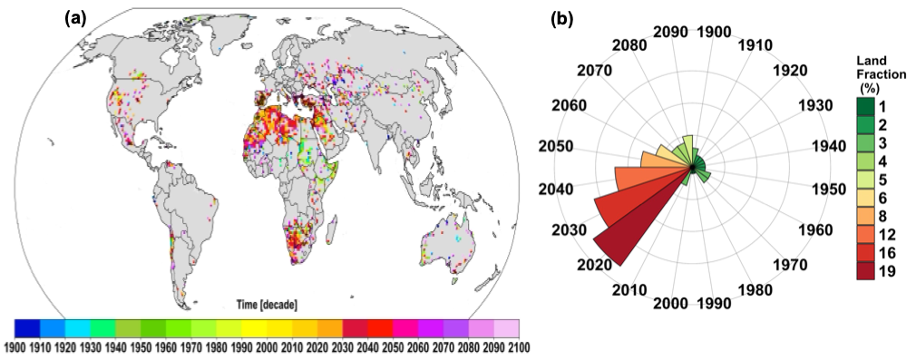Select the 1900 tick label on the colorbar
pos(15,346)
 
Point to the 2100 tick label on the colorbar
pos(518,346)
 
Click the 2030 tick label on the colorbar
pos(342,346)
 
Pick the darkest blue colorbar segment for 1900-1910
pos(27,327)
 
